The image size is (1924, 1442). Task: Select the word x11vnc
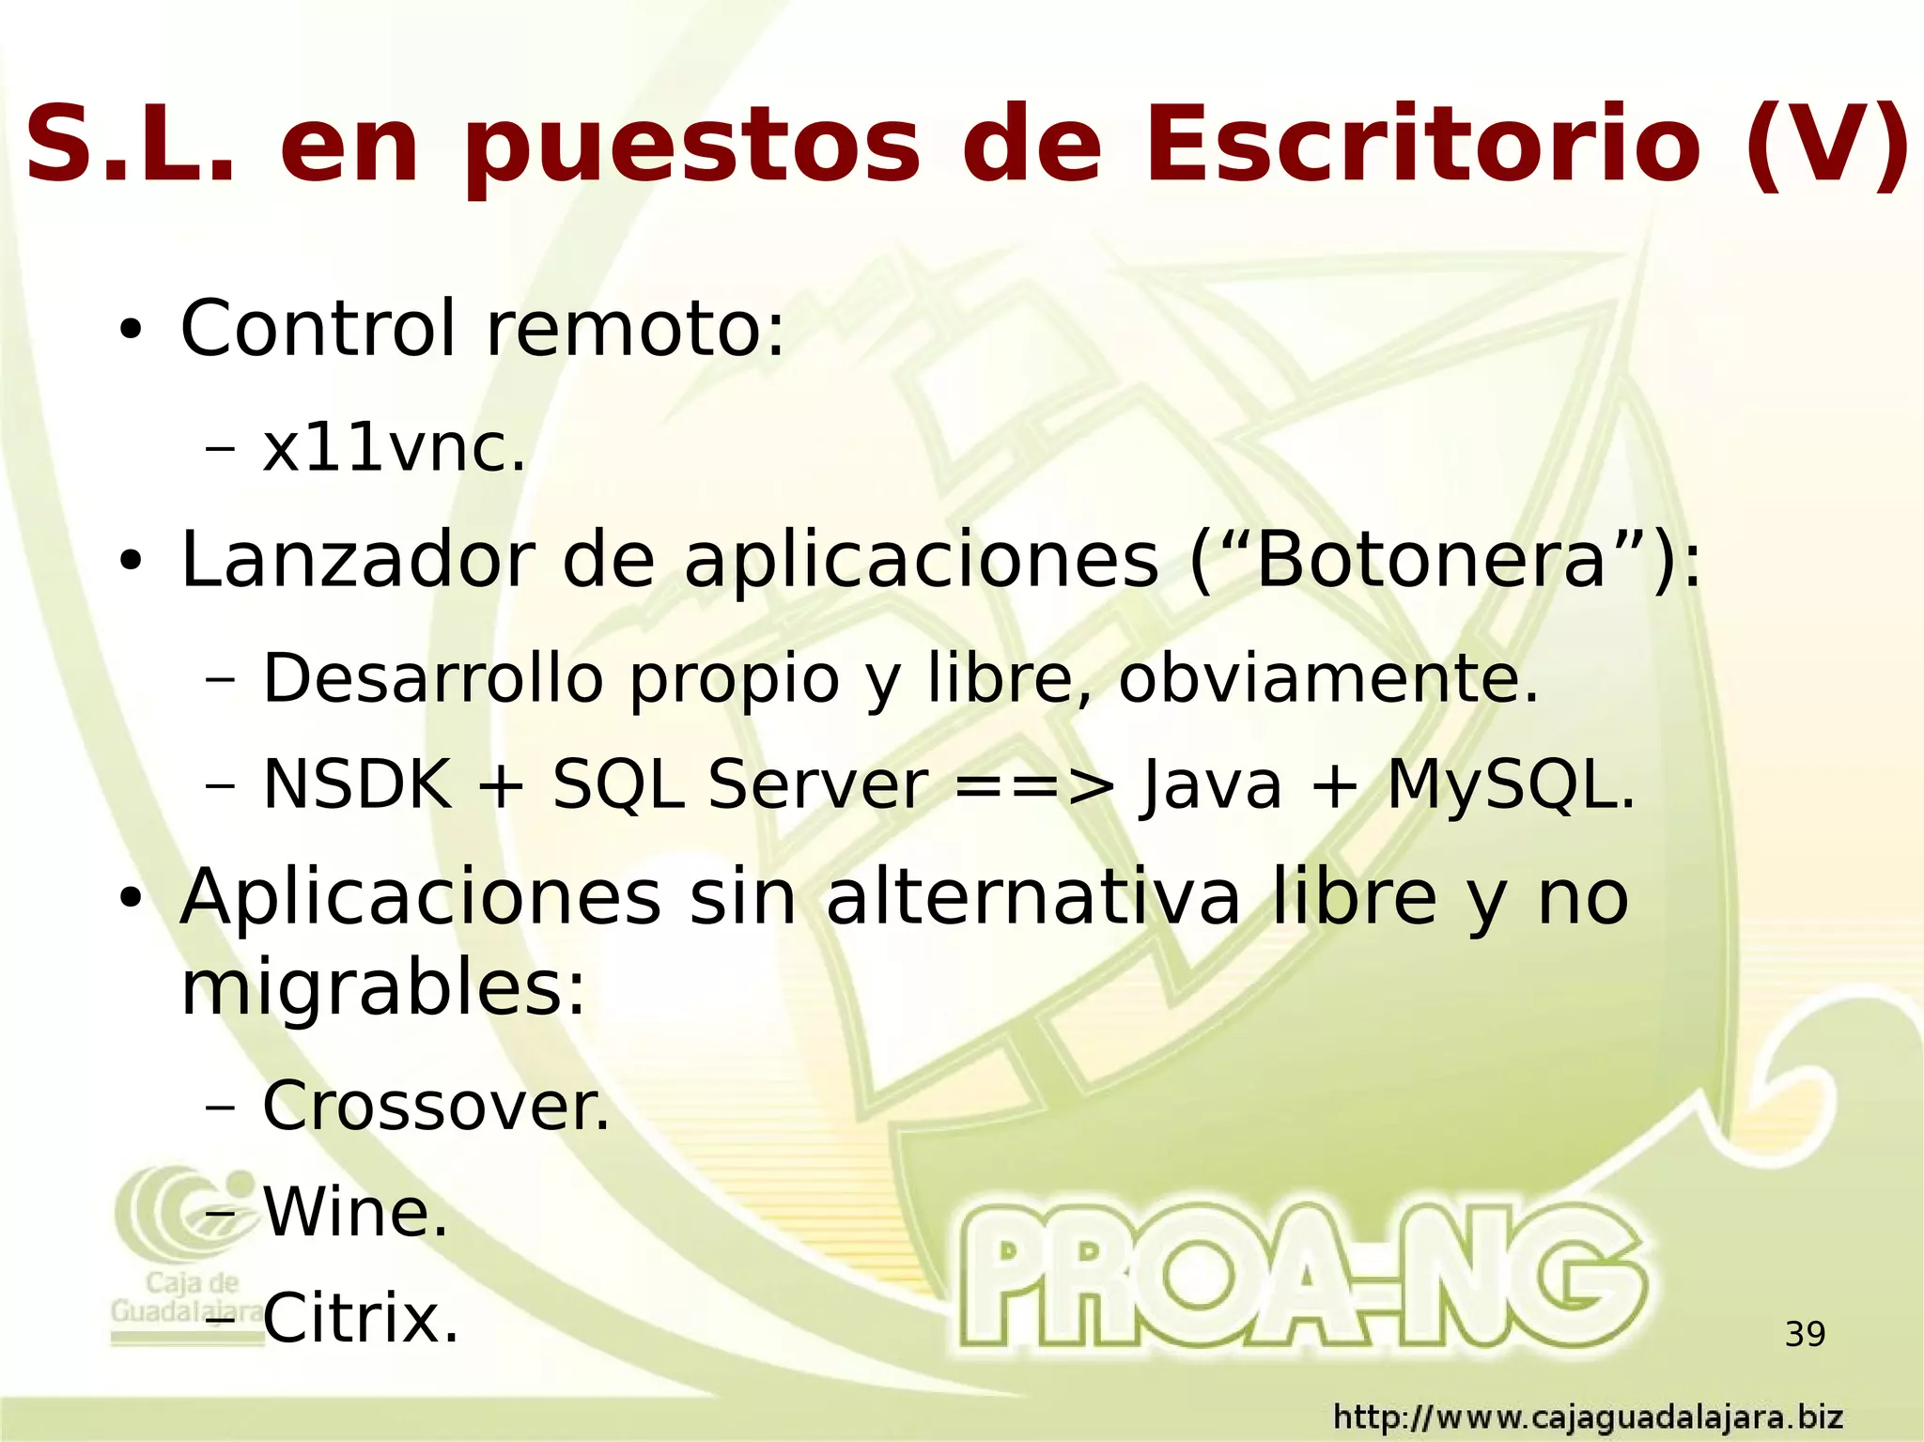tap(394, 448)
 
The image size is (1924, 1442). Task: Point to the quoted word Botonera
tap(1431, 561)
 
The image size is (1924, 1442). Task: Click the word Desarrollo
tap(432, 677)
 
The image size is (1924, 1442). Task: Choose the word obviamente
tap(1328, 677)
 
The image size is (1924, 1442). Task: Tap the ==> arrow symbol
tap(1033, 784)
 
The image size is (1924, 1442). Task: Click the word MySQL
tap(1511, 784)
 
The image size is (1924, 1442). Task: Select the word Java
tap(1210, 784)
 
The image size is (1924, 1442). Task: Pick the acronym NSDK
tap(357, 784)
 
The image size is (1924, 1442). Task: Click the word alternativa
tap(1033, 898)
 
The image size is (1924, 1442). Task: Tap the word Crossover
tap(436, 1106)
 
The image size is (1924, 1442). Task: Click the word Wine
tap(355, 1212)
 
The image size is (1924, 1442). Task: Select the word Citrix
tap(361, 1318)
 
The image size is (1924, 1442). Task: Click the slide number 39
tap(1805, 1334)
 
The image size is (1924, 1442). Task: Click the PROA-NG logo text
tap(1301, 1278)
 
